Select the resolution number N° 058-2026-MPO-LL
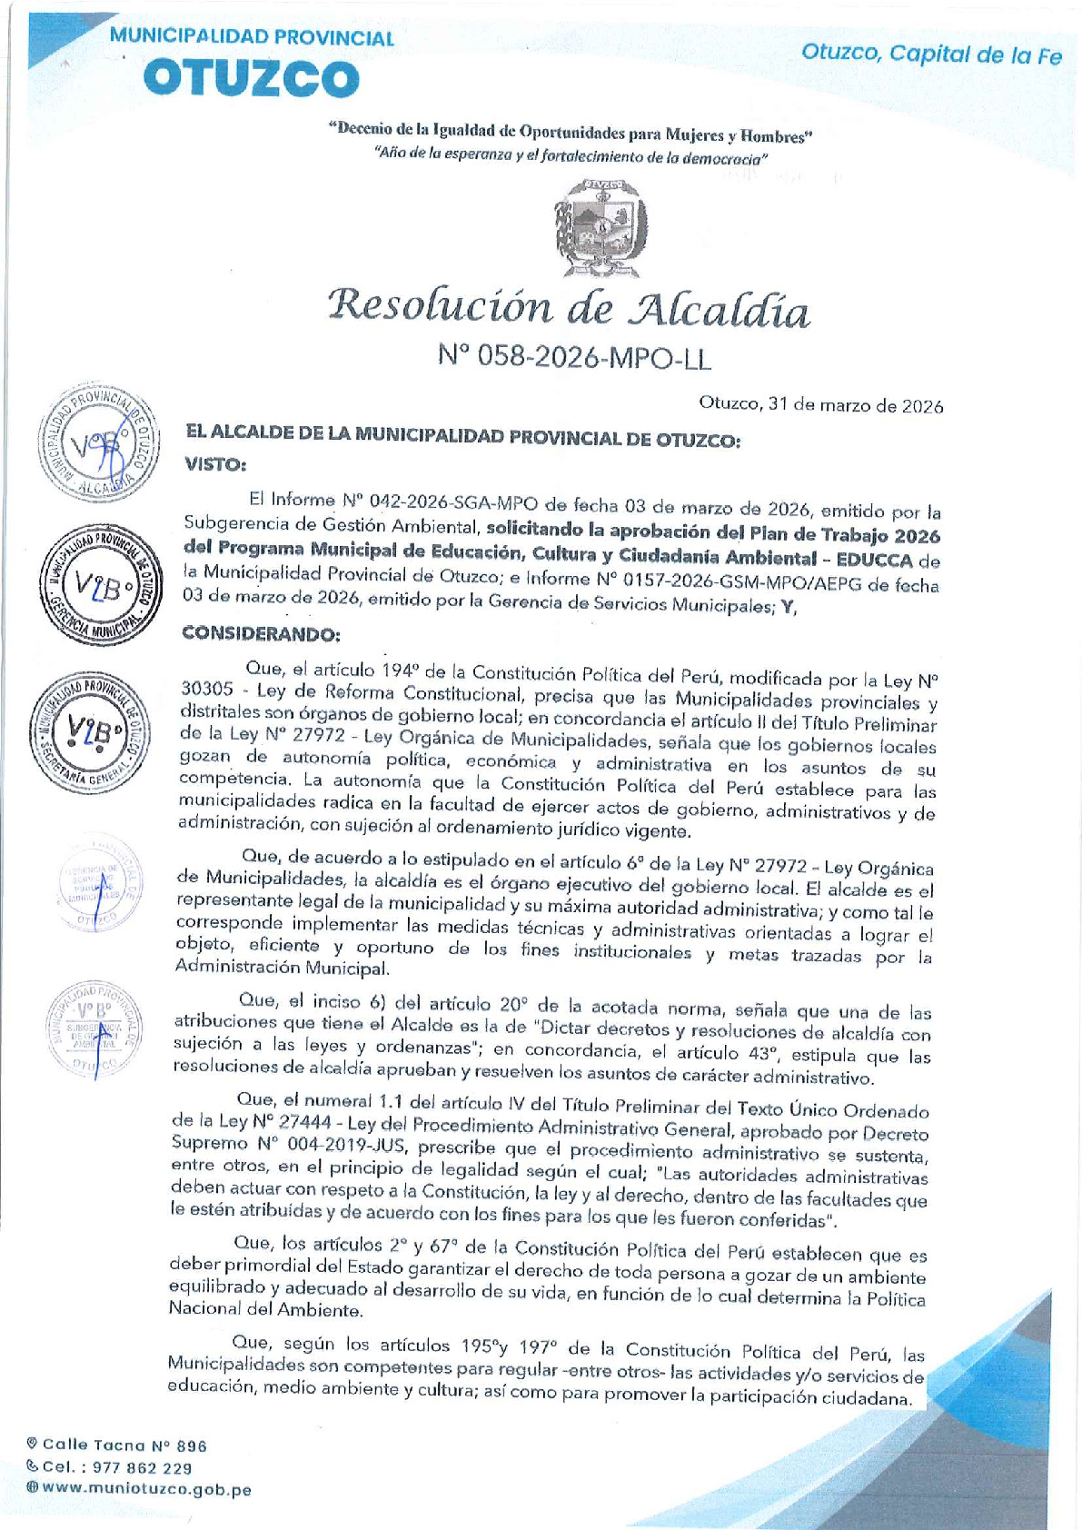click(574, 358)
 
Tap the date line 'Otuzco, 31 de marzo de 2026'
click(820, 405)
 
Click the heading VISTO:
click(215, 464)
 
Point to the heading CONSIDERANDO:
click(261, 632)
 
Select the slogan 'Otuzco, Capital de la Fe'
click(930, 54)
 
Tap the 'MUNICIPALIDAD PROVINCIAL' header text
click(251, 38)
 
